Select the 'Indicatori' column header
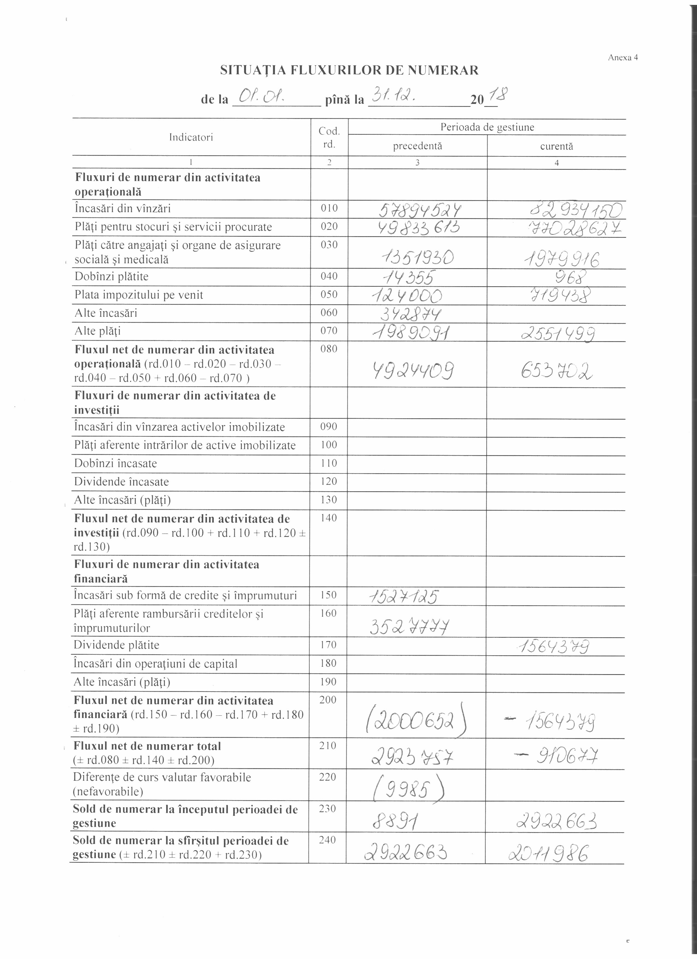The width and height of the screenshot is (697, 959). (x=191, y=137)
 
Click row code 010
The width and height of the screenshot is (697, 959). (x=329, y=208)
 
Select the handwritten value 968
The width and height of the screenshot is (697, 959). (x=572, y=278)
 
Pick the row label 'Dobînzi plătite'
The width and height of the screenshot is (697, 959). (x=112, y=277)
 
